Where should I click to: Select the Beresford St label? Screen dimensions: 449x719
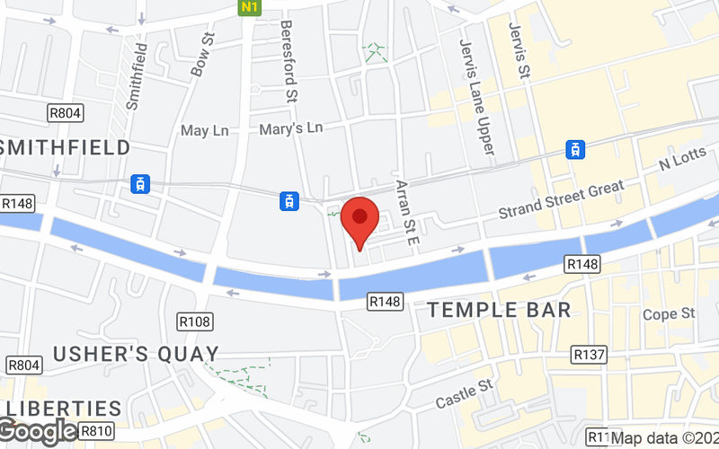288,61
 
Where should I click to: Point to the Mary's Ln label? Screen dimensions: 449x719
290,128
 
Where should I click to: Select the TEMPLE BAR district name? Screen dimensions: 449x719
499,311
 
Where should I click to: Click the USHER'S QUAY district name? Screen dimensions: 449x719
136,354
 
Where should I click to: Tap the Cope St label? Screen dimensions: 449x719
670,314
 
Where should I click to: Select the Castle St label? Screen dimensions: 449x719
465,392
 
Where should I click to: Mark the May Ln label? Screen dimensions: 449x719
205,131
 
